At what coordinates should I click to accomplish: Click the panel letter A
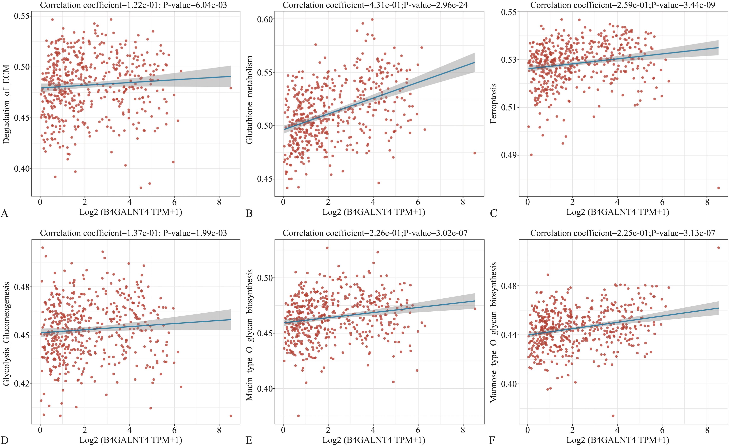[x=4, y=213]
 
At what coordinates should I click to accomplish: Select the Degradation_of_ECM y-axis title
[x=6, y=104]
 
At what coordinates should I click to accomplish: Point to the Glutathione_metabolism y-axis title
[x=250, y=100]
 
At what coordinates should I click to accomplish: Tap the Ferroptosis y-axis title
[x=494, y=104]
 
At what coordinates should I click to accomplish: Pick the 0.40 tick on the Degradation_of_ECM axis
[x=22, y=169]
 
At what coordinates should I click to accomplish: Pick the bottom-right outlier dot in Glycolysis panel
[x=231, y=416]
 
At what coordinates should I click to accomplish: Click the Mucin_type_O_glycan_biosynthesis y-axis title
[x=250, y=335]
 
